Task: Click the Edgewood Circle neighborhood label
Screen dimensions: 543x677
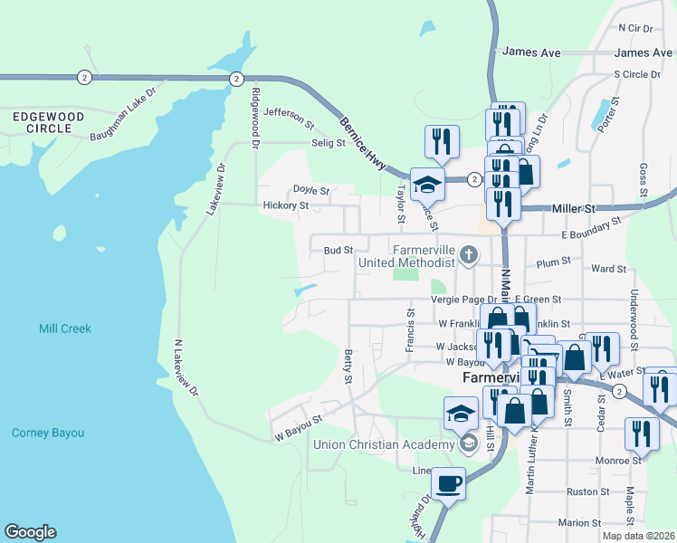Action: click(x=43, y=122)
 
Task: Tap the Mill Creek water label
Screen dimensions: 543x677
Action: click(x=65, y=329)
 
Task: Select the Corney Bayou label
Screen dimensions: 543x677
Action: click(x=48, y=433)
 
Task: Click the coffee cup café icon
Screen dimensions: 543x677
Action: click(x=448, y=483)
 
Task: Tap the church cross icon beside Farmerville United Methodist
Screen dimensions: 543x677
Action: click(x=469, y=254)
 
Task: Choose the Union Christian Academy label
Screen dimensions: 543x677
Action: click(x=384, y=444)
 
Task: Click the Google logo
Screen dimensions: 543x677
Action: click(x=30, y=532)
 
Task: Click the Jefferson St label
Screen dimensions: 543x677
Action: click(x=288, y=117)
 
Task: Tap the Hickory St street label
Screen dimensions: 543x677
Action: click(x=286, y=206)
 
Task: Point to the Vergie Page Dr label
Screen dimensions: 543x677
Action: click(x=464, y=300)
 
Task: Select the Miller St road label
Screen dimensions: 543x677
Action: click(x=576, y=208)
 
